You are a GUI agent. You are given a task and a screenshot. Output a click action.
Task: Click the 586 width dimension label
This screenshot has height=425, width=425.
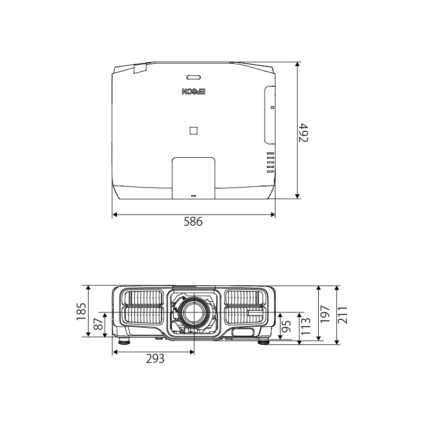pos(193,222)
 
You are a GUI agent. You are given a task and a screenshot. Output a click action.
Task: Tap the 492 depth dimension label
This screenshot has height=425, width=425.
pos(303,132)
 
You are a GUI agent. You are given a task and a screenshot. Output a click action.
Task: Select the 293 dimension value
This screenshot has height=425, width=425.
pos(155,359)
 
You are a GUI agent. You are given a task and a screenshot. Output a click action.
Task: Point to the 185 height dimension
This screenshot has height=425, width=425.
pos(81,311)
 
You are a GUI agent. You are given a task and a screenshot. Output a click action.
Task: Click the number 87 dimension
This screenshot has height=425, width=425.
pos(98,324)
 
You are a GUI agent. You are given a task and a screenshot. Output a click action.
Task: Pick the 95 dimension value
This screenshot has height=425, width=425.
pos(286,326)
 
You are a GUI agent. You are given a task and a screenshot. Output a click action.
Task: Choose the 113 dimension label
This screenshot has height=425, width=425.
pos(305,326)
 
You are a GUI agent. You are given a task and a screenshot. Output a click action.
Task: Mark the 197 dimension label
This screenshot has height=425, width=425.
pos(325,314)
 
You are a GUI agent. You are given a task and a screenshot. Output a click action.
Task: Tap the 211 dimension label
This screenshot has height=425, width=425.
pos(343,315)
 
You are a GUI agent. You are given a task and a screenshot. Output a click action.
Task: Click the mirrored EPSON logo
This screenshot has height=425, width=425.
pos(193,91)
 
